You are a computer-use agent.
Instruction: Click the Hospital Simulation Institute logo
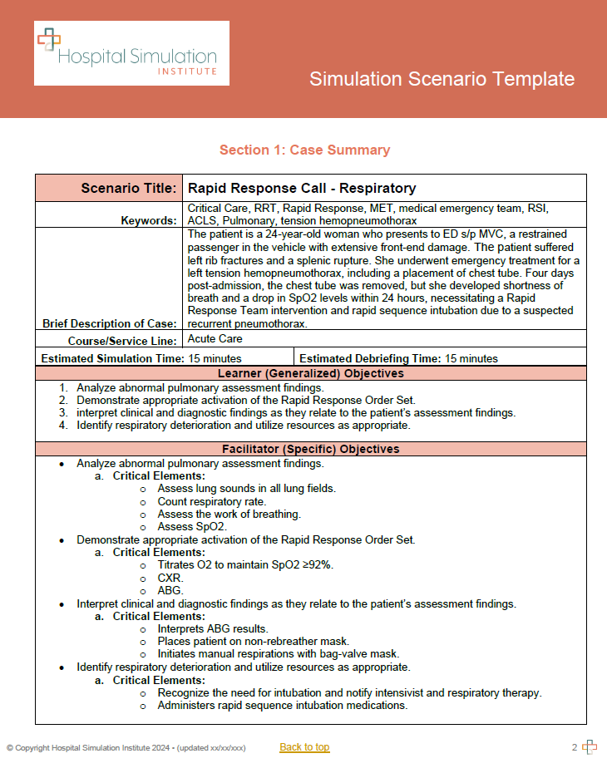pos(131,53)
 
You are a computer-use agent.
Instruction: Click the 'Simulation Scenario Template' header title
pos(442,79)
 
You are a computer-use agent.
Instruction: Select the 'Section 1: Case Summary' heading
pos(304,150)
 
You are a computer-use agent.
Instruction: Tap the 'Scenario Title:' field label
pos(129,188)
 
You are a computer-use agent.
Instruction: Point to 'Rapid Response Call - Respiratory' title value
pos(302,189)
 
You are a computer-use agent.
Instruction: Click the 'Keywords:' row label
pos(148,220)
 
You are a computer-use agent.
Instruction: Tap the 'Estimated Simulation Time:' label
pos(111,359)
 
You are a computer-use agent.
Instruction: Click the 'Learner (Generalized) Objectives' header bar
pos(310,373)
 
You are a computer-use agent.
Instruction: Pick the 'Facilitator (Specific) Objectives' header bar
pos(310,449)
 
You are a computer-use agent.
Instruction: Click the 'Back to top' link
pos(304,747)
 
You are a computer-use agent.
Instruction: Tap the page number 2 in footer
pos(574,747)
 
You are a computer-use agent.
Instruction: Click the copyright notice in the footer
pos(126,748)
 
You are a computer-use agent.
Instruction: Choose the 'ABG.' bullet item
pos(170,590)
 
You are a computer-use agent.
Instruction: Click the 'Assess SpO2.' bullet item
pos(192,527)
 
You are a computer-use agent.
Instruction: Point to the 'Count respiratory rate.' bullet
pos(211,501)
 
